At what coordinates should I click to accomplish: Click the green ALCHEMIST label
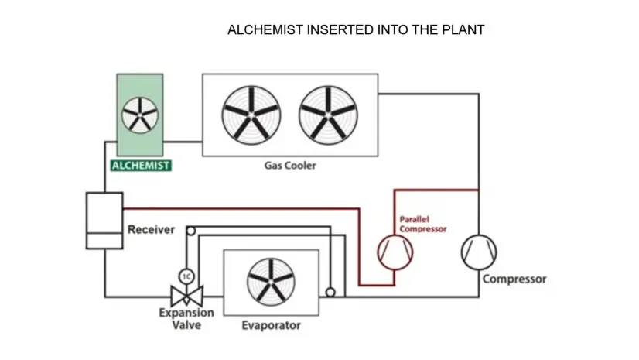[140, 165]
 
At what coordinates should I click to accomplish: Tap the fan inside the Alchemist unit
[140, 115]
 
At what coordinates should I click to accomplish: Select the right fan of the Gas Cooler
[328, 113]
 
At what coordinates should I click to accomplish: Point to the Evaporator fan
[269, 282]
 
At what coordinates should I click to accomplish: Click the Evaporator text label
[271, 326]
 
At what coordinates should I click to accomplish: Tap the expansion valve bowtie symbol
[186, 296]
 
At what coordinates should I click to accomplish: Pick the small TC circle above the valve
[186, 276]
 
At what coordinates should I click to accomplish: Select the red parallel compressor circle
[395, 252]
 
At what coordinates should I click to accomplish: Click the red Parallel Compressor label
[422, 224]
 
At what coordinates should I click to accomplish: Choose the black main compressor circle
[479, 252]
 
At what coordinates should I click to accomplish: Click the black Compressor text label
[514, 279]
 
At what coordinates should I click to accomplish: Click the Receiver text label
[151, 230]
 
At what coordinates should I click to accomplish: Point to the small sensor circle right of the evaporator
[330, 293]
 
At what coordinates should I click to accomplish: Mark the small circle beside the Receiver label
[190, 229]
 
